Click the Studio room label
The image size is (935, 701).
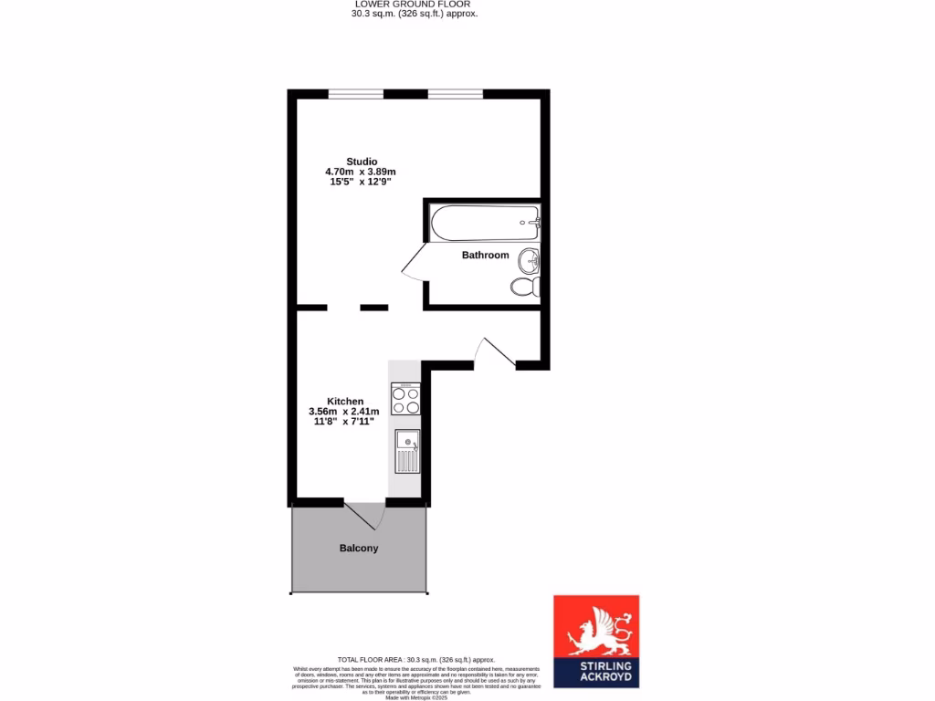tap(362, 162)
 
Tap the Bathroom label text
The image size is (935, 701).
tap(485, 255)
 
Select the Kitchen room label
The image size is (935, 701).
tap(345, 401)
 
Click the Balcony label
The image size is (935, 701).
tap(359, 548)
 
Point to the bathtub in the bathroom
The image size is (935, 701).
tap(485, 222)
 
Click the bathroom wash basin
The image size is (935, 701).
tap(529, 262)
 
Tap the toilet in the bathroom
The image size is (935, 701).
tap(525, 288)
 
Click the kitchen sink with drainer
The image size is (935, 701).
tap(406, 452)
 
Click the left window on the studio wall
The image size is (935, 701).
tap(356, 93)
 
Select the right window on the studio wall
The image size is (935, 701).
tap(455, 93)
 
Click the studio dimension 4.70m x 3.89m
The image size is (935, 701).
tap(361, 172)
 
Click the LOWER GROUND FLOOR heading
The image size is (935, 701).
tap(415, 4)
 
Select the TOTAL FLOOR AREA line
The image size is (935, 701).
tap(415, 659)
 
